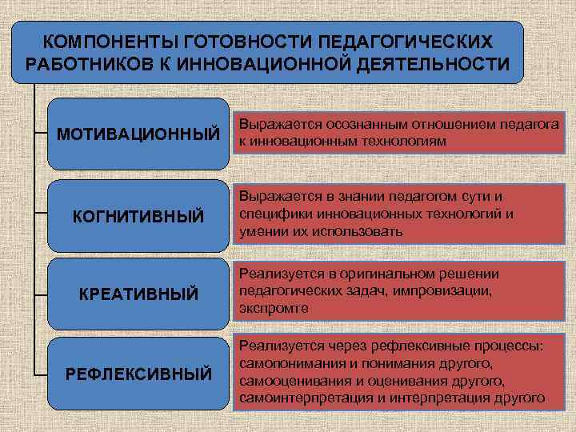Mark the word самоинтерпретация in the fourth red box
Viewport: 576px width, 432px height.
click(294, 397)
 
